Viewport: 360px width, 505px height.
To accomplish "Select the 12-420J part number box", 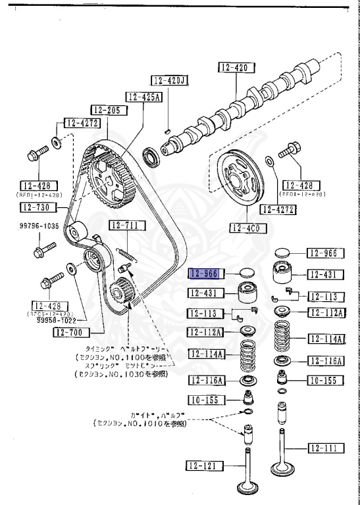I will tap(170, 81).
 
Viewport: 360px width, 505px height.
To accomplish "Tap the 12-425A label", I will tap(144, 97).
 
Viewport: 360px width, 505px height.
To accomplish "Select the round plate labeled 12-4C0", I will tap(238, 180).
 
